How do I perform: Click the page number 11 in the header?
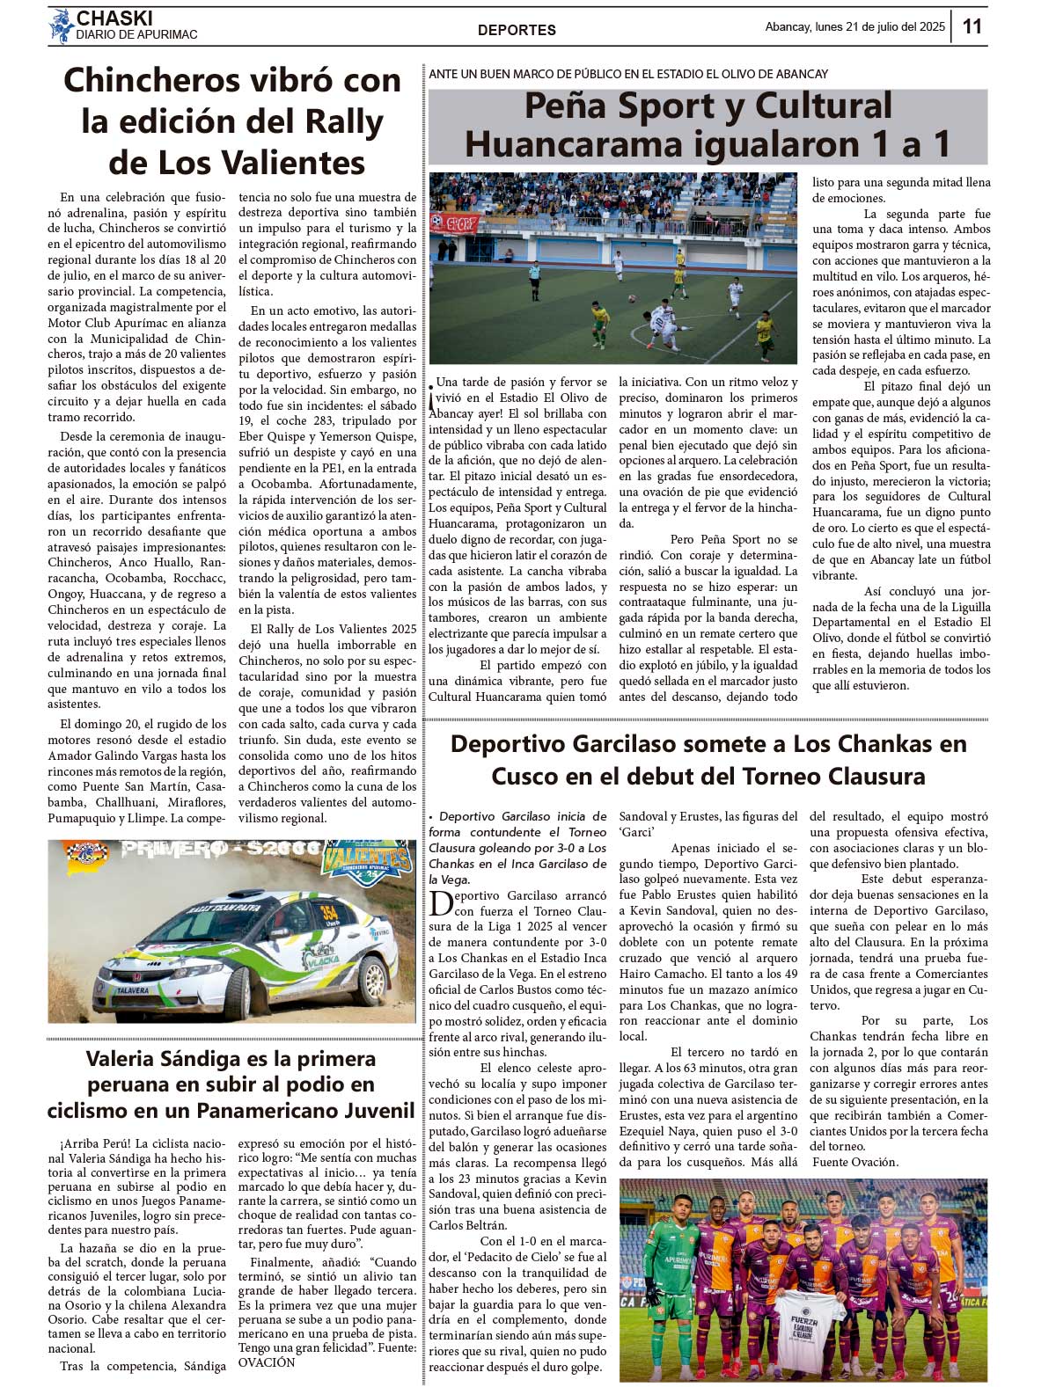coord(972,26)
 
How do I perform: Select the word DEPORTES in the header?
coord(517,30)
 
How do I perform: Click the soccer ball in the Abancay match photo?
coord(631,298)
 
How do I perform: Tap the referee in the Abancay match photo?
coord(534,281)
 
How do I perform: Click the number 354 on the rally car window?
coord(329,911)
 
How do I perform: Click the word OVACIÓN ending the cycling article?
coord(267,1362)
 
